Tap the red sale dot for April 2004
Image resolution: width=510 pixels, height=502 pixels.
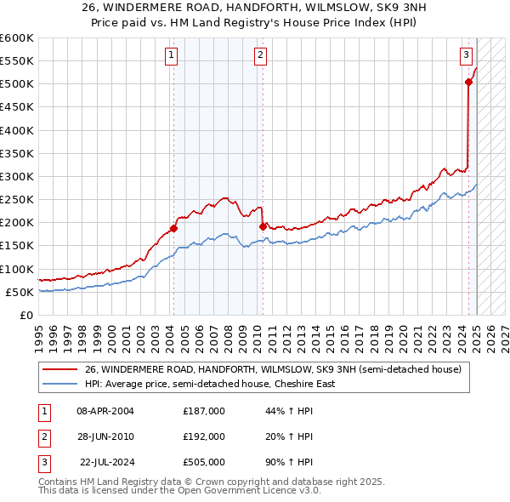click(173, 228)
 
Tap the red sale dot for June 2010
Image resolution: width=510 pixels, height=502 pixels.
click(263, 225)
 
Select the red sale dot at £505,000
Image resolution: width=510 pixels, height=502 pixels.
click(468, 82)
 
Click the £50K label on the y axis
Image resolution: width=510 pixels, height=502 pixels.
click(20, 292)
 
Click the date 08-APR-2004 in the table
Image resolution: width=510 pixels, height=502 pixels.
click(105, 410)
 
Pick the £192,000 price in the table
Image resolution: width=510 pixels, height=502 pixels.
click(204, 436)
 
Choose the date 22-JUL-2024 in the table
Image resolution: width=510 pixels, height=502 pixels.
click(106, 463)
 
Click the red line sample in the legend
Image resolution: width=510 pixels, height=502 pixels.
click(59, 370)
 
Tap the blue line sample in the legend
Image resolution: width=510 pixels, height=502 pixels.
click(59, 384)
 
